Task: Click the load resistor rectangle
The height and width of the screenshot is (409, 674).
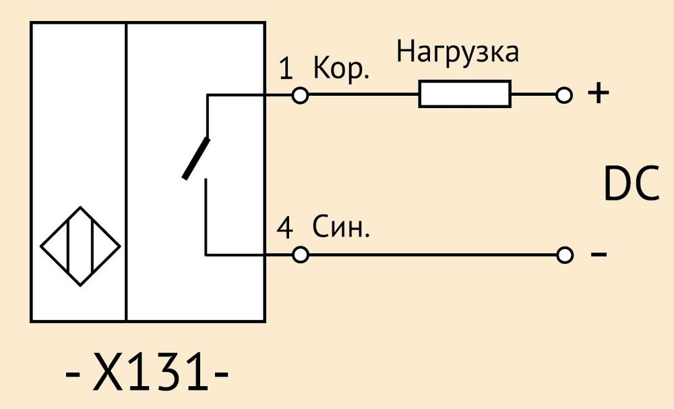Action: point(465,94)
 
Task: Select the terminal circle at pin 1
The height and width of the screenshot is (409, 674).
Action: point(300,94)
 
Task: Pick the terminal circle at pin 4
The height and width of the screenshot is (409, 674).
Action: point(300,255)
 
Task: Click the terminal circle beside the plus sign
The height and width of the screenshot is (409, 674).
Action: point(564,94)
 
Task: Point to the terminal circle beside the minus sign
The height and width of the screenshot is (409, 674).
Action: point(564,255)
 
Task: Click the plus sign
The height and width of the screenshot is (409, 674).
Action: point(599,93)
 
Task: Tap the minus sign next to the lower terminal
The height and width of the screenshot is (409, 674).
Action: point(599,254)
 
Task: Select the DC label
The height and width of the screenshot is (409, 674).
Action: point(632,184)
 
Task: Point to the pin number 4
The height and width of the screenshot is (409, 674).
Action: point(284,227)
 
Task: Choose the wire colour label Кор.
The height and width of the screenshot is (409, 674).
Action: point(341,68)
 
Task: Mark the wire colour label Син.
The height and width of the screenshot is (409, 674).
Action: point(341,227)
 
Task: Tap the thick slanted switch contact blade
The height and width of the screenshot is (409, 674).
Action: point(196,159)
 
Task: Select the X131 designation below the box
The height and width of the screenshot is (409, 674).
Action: point(147,372)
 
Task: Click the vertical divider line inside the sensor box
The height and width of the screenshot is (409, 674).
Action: point(126,171)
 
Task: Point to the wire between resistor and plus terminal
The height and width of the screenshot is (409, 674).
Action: point(534,94)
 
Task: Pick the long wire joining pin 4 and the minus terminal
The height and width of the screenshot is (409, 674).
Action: point(433,255)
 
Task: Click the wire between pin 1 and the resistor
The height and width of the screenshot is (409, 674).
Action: point(364,94)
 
